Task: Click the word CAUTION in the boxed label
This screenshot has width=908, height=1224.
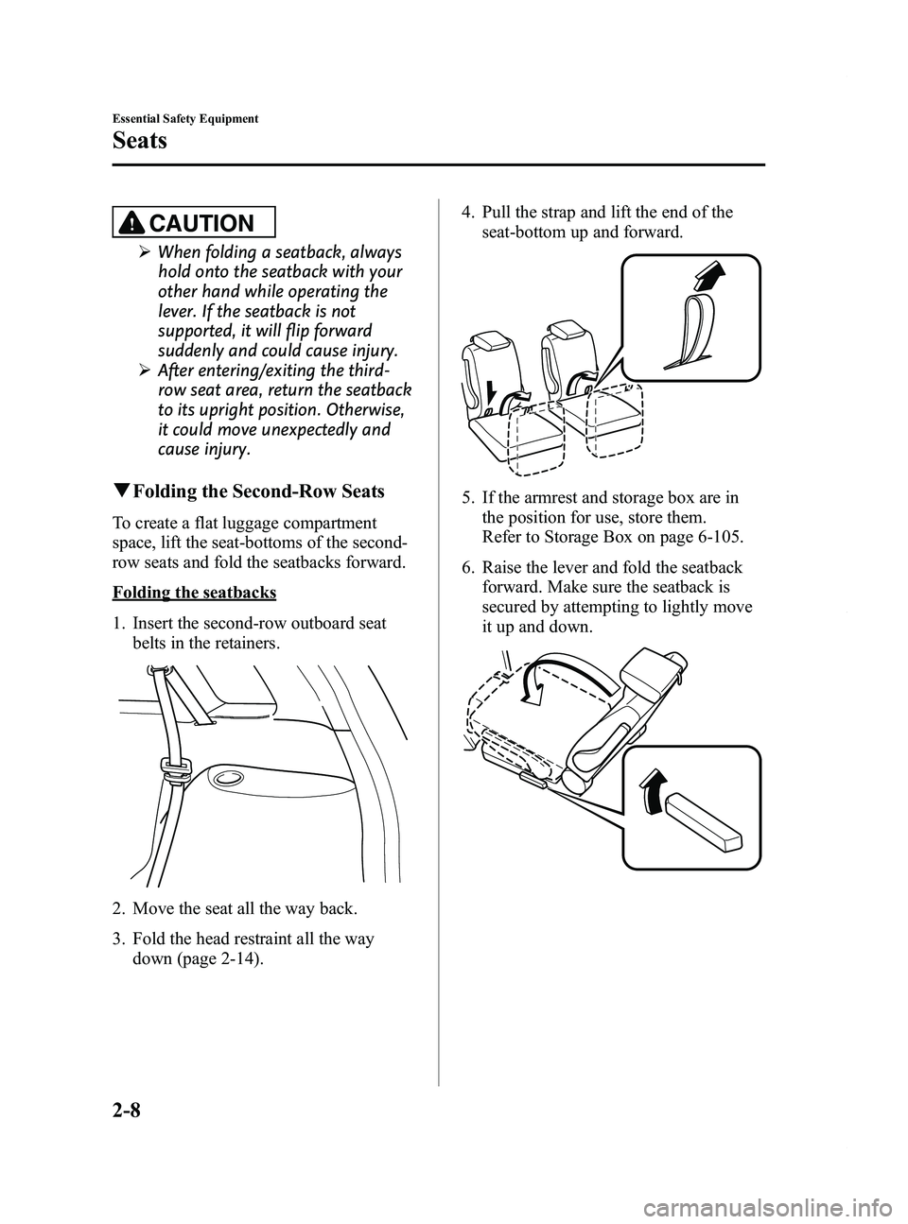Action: click(208, 223)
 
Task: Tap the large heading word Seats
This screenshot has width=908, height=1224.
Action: click(141, 141)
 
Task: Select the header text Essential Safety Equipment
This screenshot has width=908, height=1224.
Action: click(185, 119)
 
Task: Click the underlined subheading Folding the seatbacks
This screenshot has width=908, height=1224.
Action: click(194, 593)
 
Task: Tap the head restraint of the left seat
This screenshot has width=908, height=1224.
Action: click(490, 344)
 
